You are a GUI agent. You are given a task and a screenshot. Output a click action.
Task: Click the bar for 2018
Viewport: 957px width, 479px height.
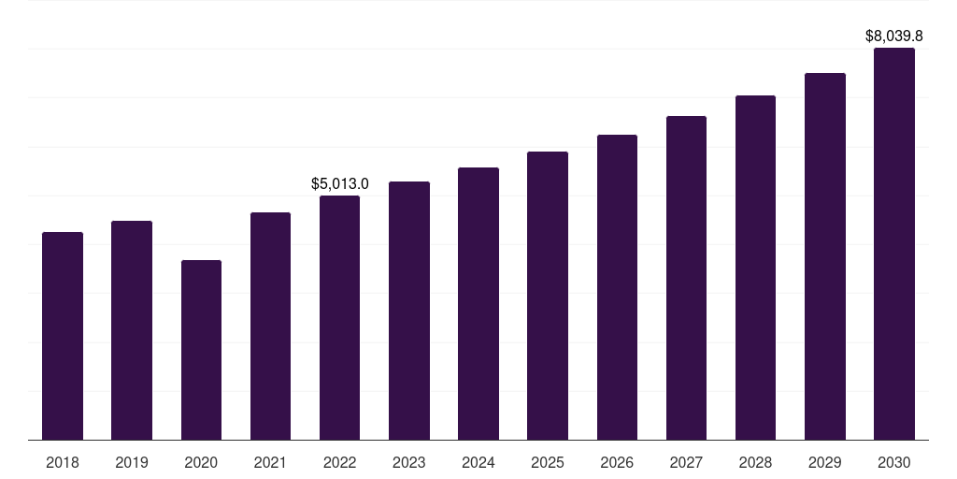63,336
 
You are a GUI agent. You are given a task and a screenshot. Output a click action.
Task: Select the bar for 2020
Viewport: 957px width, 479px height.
202,350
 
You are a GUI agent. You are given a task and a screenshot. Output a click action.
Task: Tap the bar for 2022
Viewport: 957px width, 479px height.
339,318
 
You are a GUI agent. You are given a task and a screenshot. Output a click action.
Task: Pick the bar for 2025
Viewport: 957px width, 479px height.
548,296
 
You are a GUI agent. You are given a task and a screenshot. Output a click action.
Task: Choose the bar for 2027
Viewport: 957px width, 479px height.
686,278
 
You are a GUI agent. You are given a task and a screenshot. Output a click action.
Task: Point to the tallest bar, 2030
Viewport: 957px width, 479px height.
894,244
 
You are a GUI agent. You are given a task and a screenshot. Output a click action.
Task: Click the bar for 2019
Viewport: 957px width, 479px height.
132,330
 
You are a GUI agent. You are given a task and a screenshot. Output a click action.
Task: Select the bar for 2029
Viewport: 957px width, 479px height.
825,256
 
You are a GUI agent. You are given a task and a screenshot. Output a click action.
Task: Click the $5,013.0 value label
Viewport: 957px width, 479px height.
340,183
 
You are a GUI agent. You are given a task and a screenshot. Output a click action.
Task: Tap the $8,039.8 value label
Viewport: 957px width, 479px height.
894,36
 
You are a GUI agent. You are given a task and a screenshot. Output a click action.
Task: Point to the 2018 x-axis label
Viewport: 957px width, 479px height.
63,462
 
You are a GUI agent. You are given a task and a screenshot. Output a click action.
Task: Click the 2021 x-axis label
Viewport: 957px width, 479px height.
270,462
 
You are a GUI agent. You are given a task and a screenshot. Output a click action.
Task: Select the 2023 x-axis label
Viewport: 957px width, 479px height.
409,462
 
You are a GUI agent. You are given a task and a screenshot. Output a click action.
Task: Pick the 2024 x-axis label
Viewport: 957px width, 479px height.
478,462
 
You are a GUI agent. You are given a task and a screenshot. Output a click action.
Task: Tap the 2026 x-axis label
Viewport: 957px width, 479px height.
617,462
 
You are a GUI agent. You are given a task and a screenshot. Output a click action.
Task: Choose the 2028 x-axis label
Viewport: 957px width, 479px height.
755,462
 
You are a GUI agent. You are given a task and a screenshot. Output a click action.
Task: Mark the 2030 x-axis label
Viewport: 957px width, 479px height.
894,462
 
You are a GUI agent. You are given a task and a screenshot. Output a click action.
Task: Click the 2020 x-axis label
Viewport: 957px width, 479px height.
202,462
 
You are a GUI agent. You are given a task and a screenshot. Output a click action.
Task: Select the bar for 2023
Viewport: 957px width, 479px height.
409,311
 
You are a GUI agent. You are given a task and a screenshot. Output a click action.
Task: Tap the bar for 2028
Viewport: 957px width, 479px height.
755,268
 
